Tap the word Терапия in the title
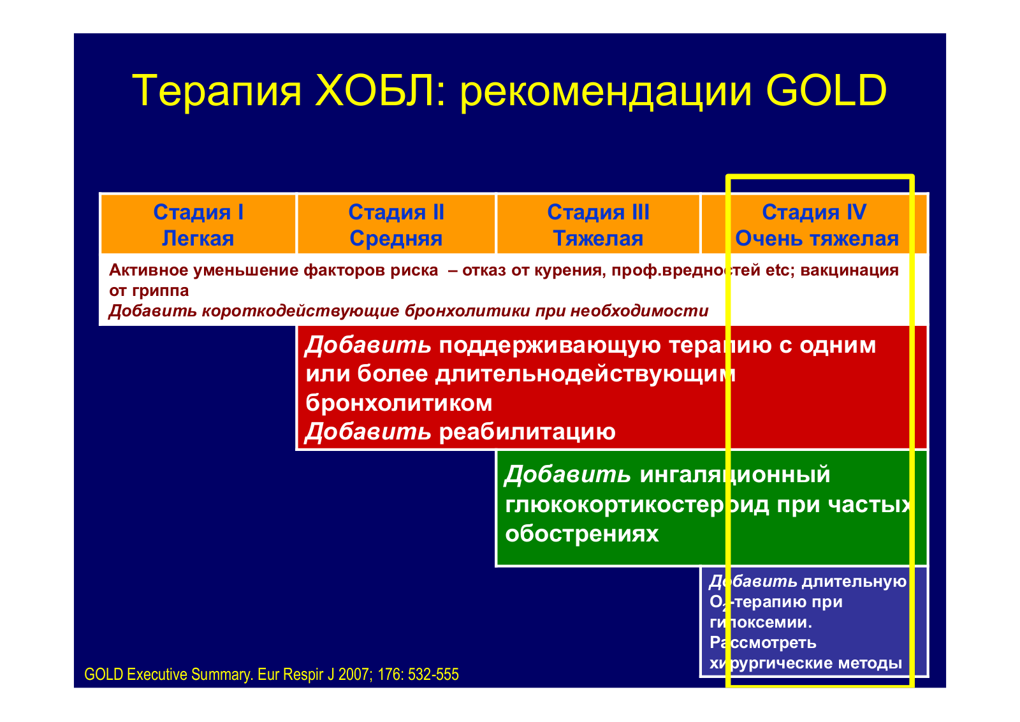pos(217,91)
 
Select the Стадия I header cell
pos(198,224)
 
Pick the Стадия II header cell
pos(396,224)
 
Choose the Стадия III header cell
pos(598,224)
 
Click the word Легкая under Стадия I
pos(198,239)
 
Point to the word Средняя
pos(396,239)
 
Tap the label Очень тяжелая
pos(817,239)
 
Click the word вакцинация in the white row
pos(850,270)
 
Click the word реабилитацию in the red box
pos(527,432)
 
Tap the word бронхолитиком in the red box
pos(399,402)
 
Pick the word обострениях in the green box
pos(582,533)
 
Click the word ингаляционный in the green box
pos(735,475)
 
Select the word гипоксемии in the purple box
pos(761,623)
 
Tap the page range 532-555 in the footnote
pos(433,674)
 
